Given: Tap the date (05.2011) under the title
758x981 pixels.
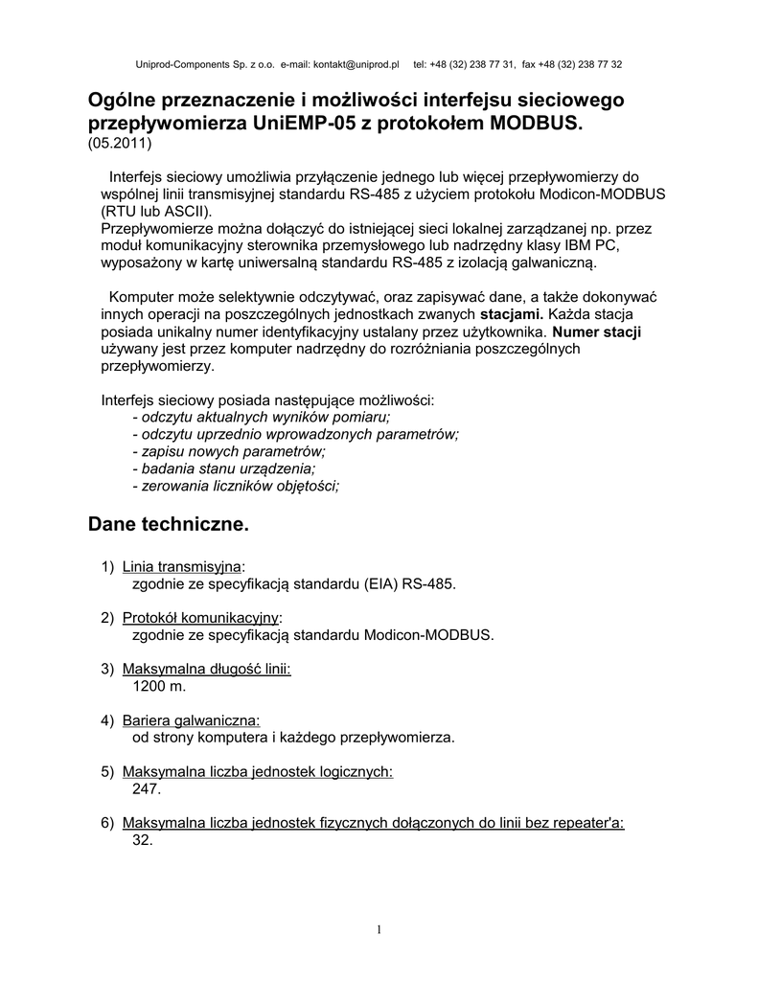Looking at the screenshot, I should (x=120, y=144).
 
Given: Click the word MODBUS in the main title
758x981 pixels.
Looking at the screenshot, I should (x=535, y=125).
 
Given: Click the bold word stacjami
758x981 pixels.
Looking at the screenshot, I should (x=512, y=313).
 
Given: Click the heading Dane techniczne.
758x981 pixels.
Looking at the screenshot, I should (x=168, y=524).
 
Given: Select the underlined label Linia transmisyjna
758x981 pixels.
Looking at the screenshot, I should (x=182, y=566).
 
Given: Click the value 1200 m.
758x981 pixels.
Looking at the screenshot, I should (x=158, y=686).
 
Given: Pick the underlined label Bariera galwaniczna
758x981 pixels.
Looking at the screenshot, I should (x=192, y=719).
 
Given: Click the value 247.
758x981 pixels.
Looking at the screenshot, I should (x=146, y=789).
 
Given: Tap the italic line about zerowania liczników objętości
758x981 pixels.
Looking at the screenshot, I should (x=236, y=486).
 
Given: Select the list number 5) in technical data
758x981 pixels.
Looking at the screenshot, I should (x=107, y=772).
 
